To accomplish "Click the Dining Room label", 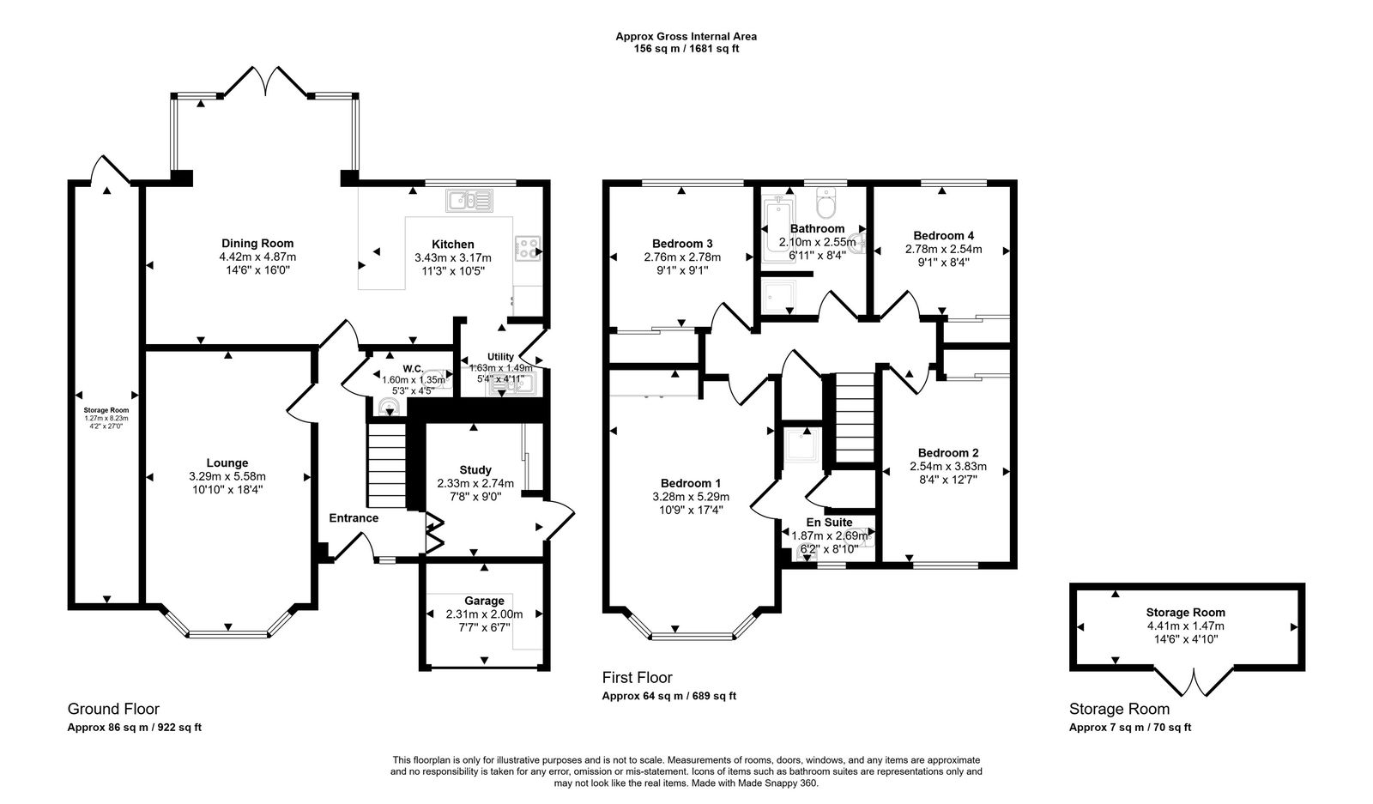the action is (x=257, y=244).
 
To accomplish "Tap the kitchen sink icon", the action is (x=470, y=201).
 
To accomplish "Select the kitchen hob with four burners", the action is (x=527, y=249).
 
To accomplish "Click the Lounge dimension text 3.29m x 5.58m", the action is (x=227, y=476).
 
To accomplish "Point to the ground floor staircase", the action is (x=386, y=466).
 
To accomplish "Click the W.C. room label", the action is (x=413, y=368).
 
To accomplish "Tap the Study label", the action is (x=475, y=470).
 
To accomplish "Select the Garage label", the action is (x=484, y=601).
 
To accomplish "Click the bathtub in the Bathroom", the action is (x=777, y=229).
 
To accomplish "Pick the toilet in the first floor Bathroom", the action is (x=826, y=203).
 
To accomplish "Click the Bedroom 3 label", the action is (x=682, y=244).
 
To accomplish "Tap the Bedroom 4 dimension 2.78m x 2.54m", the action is (x=943, y=250).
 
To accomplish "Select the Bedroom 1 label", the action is (x=691, y=483).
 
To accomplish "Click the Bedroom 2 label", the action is (x=948, y=453).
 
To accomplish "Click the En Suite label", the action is (x=829, y=522).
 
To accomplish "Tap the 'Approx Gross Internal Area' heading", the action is (x=686, y=36).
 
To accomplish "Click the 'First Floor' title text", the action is (x=637, y=677).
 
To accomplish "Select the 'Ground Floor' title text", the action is (x=113, y=709).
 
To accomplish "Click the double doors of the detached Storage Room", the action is (x=1193, y=683).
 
